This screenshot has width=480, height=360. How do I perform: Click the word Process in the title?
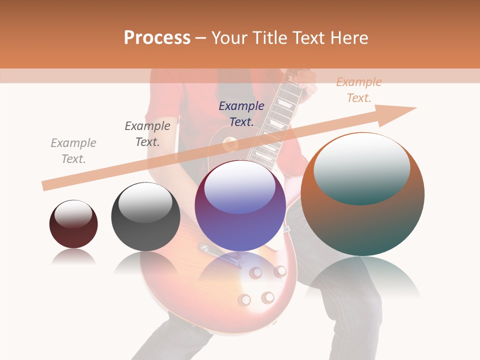[x=157, y=38]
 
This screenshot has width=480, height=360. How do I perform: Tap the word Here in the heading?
[x=349, y=38]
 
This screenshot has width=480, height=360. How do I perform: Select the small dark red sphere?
[x=73, y=225]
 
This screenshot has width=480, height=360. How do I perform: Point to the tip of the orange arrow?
[x=415, y=108]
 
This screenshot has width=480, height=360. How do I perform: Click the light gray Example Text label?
[x=73, y=151]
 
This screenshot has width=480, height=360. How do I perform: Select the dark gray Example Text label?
[x=147, y=134]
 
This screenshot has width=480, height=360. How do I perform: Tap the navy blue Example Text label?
[x=241, y=113]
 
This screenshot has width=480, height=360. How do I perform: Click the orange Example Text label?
[x=359, y=90]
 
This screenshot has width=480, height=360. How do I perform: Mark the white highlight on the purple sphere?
[x=240, y=187]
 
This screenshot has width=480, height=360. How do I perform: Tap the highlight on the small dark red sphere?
[x=73, y=214]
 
